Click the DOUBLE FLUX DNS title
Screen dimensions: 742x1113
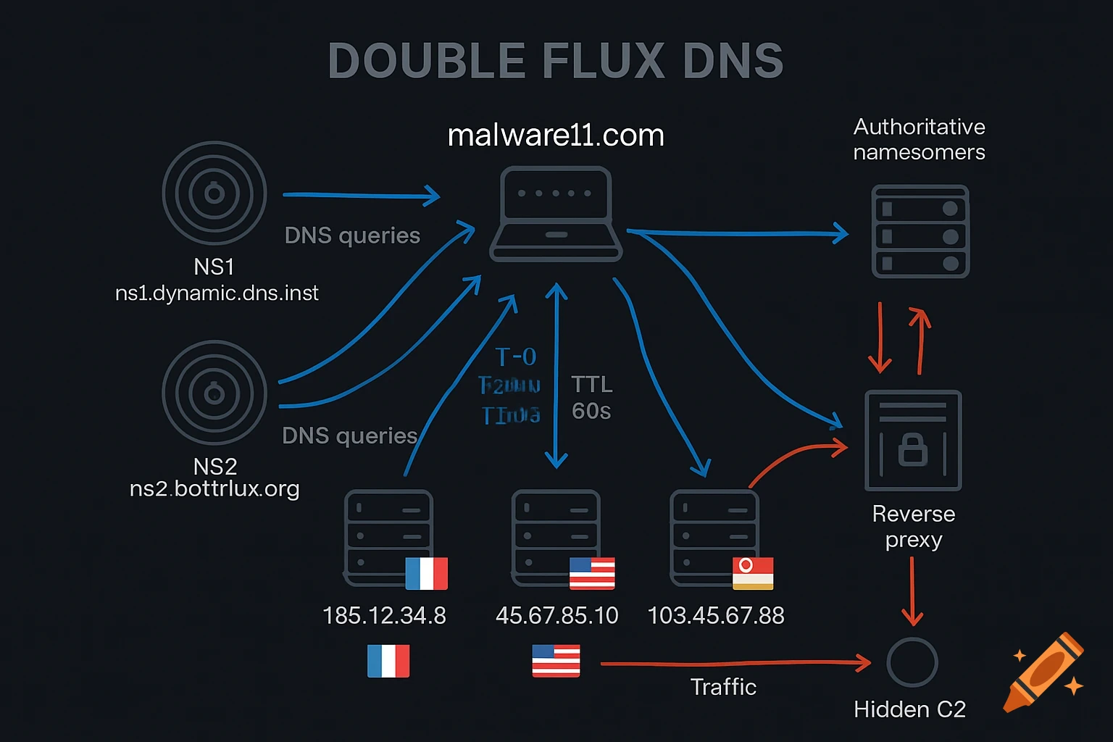click(x=556, y=61)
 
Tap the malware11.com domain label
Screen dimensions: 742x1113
click(x=556, y=136)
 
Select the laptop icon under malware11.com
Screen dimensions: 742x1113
click(x=556, y=214)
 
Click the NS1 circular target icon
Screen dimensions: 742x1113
click(x=214, y=193)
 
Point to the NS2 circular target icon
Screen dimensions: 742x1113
click(x=214, y=393)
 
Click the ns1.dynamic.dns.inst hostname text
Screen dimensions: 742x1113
click(x=217, y=293)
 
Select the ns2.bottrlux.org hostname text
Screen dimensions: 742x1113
click(x=214, y=488)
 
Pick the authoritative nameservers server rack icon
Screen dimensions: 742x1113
click(x=920, y=232)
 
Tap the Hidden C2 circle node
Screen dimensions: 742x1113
click(x=912, y=662)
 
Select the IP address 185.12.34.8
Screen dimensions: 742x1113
click(x=384, y=616)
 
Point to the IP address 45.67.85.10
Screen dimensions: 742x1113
click(x=556, y=616)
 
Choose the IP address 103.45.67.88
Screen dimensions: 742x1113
click(x=716, y=616)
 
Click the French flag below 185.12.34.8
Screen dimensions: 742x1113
click(x=388, y=661)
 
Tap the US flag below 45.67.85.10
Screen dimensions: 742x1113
click(x=556, y=661)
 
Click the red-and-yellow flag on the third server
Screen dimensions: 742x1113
click(x=753, y=573)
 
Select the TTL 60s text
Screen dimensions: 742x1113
click(x=591, y=398)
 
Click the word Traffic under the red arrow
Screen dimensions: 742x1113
click(x=723, y=687)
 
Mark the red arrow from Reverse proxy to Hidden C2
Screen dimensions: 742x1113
click(x=912, y=591)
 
